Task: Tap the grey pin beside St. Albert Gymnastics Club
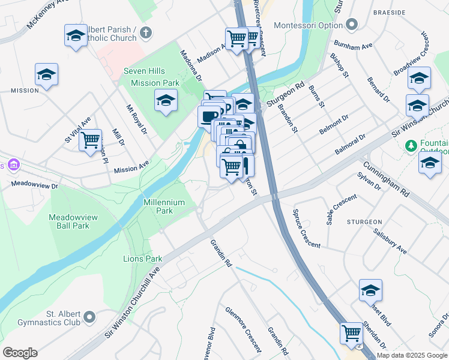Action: tap(90, 316)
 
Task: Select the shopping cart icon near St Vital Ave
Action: tap(90, 140)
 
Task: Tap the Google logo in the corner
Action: tap(20, 353)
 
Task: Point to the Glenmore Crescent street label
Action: tap(243, 329)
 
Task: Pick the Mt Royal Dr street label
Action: tap(136, 120)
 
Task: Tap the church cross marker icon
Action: tap(148, 32)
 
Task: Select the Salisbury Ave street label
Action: tap(390, 241)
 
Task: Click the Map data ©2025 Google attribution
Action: tap(412, 355)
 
